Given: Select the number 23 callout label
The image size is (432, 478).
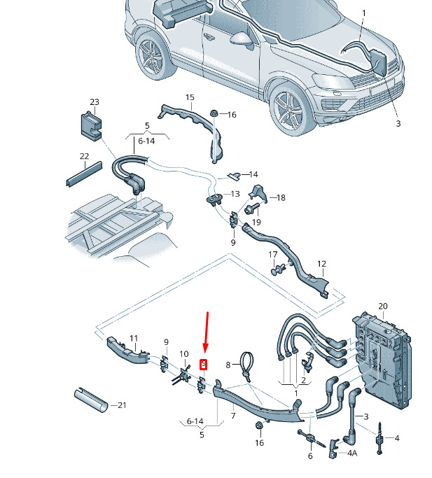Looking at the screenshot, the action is tap(95, 101).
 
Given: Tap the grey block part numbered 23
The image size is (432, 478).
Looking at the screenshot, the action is tap(91, 127).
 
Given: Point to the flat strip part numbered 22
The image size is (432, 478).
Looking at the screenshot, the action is tap(84, 174).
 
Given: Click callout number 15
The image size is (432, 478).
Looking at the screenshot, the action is tap(190, 97).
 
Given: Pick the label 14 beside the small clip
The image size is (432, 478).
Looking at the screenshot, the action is tap(253, 174).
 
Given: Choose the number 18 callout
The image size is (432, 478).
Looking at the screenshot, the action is tap(281, 198).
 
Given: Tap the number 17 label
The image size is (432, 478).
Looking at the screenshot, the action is tap(273, 254).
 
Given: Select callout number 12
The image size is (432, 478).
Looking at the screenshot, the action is tap(321, 264).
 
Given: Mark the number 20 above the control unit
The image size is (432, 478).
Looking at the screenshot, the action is tap(383, 306).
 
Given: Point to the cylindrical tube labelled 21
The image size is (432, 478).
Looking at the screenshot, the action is tap(91, 400).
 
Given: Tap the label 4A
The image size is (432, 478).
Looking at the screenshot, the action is tap(352, 454).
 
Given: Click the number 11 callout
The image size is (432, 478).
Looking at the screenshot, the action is tap(134, 339).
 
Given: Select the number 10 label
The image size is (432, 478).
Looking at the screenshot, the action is tap(184, 354).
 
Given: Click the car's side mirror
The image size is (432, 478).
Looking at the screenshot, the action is tap(242, 40).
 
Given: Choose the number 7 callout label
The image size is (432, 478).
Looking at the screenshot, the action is tap(233, 416).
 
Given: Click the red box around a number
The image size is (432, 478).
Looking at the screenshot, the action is tap(204, 365).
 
